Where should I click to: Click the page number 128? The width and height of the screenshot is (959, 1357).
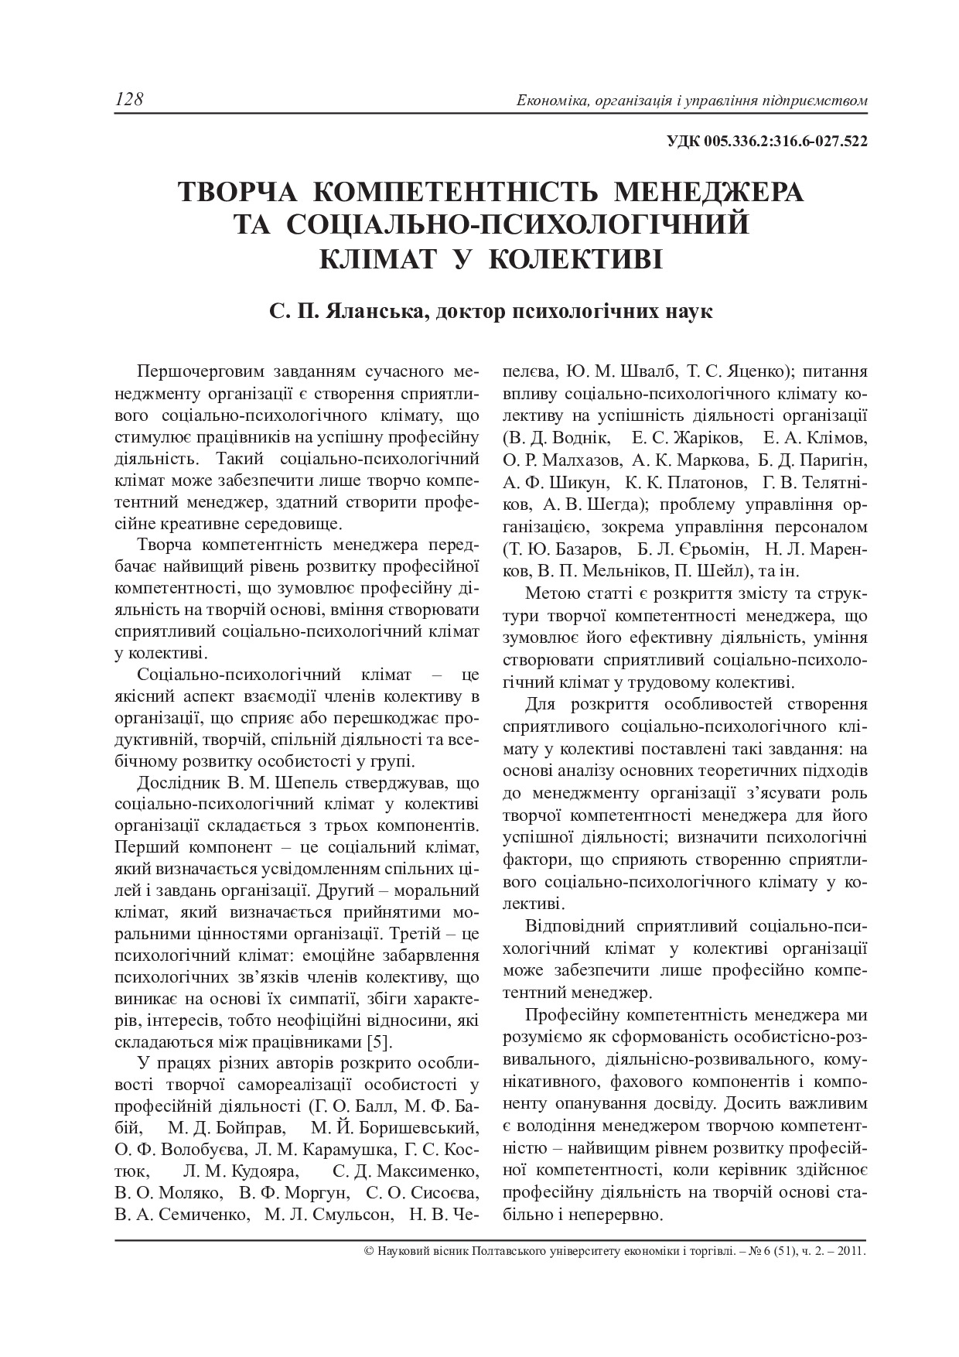click(129, 100)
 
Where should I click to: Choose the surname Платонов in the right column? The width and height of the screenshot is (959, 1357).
click(705, 483)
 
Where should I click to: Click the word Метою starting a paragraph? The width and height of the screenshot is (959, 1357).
click(551, 594)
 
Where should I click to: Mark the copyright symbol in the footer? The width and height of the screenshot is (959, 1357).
click(367, 1250)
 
